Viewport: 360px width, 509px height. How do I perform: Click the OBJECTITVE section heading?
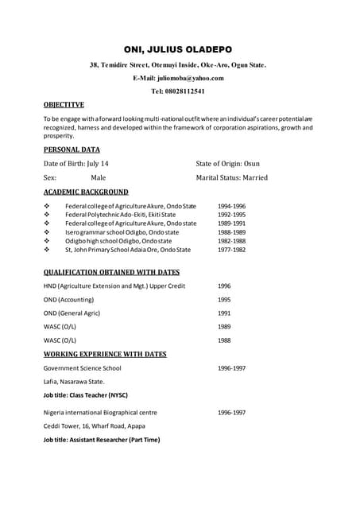click(64, 104)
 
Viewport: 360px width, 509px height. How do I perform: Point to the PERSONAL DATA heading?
click(72, 149)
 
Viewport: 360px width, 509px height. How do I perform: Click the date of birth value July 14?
click(97, 163)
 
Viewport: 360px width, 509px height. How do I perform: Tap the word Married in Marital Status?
click(254, 178)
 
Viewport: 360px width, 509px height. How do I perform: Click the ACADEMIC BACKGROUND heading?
click(86, 192)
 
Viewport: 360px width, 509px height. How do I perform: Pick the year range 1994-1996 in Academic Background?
click(231, 206)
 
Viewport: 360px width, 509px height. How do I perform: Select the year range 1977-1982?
click(231, 250)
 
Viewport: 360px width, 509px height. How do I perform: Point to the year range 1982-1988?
click(231, 241)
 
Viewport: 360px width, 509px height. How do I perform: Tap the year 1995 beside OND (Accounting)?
click(224, 300)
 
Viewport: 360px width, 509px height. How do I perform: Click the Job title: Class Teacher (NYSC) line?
click(85, 395)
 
